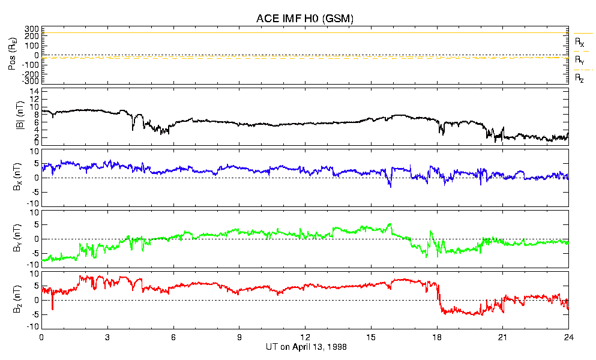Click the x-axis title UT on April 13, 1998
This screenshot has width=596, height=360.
point(305,347)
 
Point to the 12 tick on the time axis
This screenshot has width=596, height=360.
point(305,338)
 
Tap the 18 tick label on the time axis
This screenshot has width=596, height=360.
point(437,338)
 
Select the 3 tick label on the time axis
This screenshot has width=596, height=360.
point(107,338)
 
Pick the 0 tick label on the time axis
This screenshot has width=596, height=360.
point(41,338)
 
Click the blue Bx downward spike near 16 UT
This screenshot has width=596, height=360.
point(391,185)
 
